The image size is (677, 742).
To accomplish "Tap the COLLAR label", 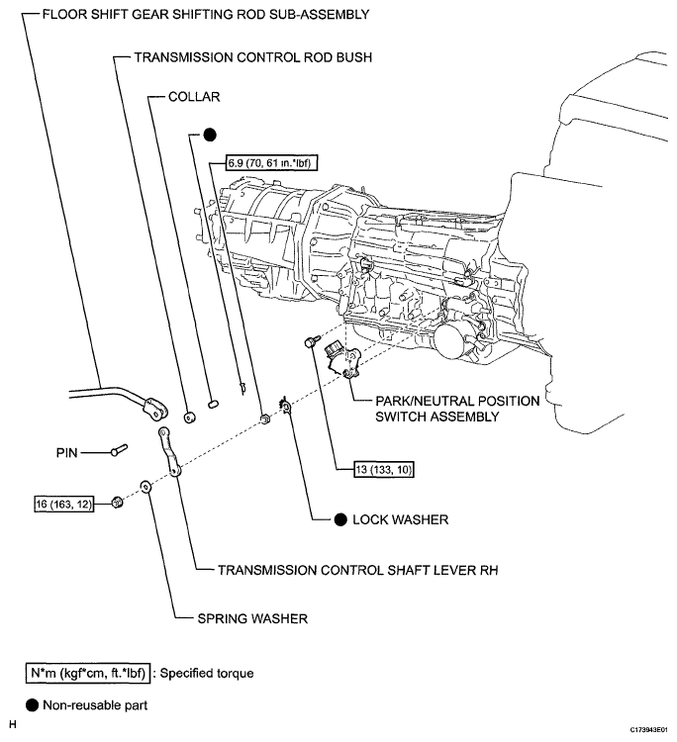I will [x=194, y=98].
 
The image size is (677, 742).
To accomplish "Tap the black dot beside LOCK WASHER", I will [x=340, y=519].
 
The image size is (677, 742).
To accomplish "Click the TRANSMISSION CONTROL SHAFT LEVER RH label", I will [x=341, y=570].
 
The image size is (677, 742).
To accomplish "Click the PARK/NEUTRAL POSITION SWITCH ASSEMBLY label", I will [x=457, y=409].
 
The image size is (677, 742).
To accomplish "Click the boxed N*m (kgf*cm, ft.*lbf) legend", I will [x=87, y=673].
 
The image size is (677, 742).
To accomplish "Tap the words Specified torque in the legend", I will [x=207, y=673].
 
